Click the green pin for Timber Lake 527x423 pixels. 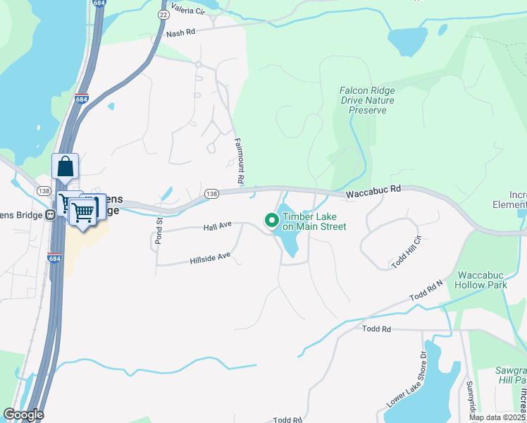point(271,221)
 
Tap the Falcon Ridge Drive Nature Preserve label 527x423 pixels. point(367,100)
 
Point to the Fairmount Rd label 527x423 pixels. point(240,161)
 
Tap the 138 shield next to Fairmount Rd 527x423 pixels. point(211,193)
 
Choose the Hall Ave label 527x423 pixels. point(218,226)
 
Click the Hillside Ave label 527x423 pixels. point(210,259)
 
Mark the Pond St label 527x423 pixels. point(159,232)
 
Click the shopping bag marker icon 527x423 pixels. point(65,167)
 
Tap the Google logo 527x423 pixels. point(23,415)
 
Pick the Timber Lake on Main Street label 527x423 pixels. point(314,221)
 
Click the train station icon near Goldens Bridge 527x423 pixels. point(50,215)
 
